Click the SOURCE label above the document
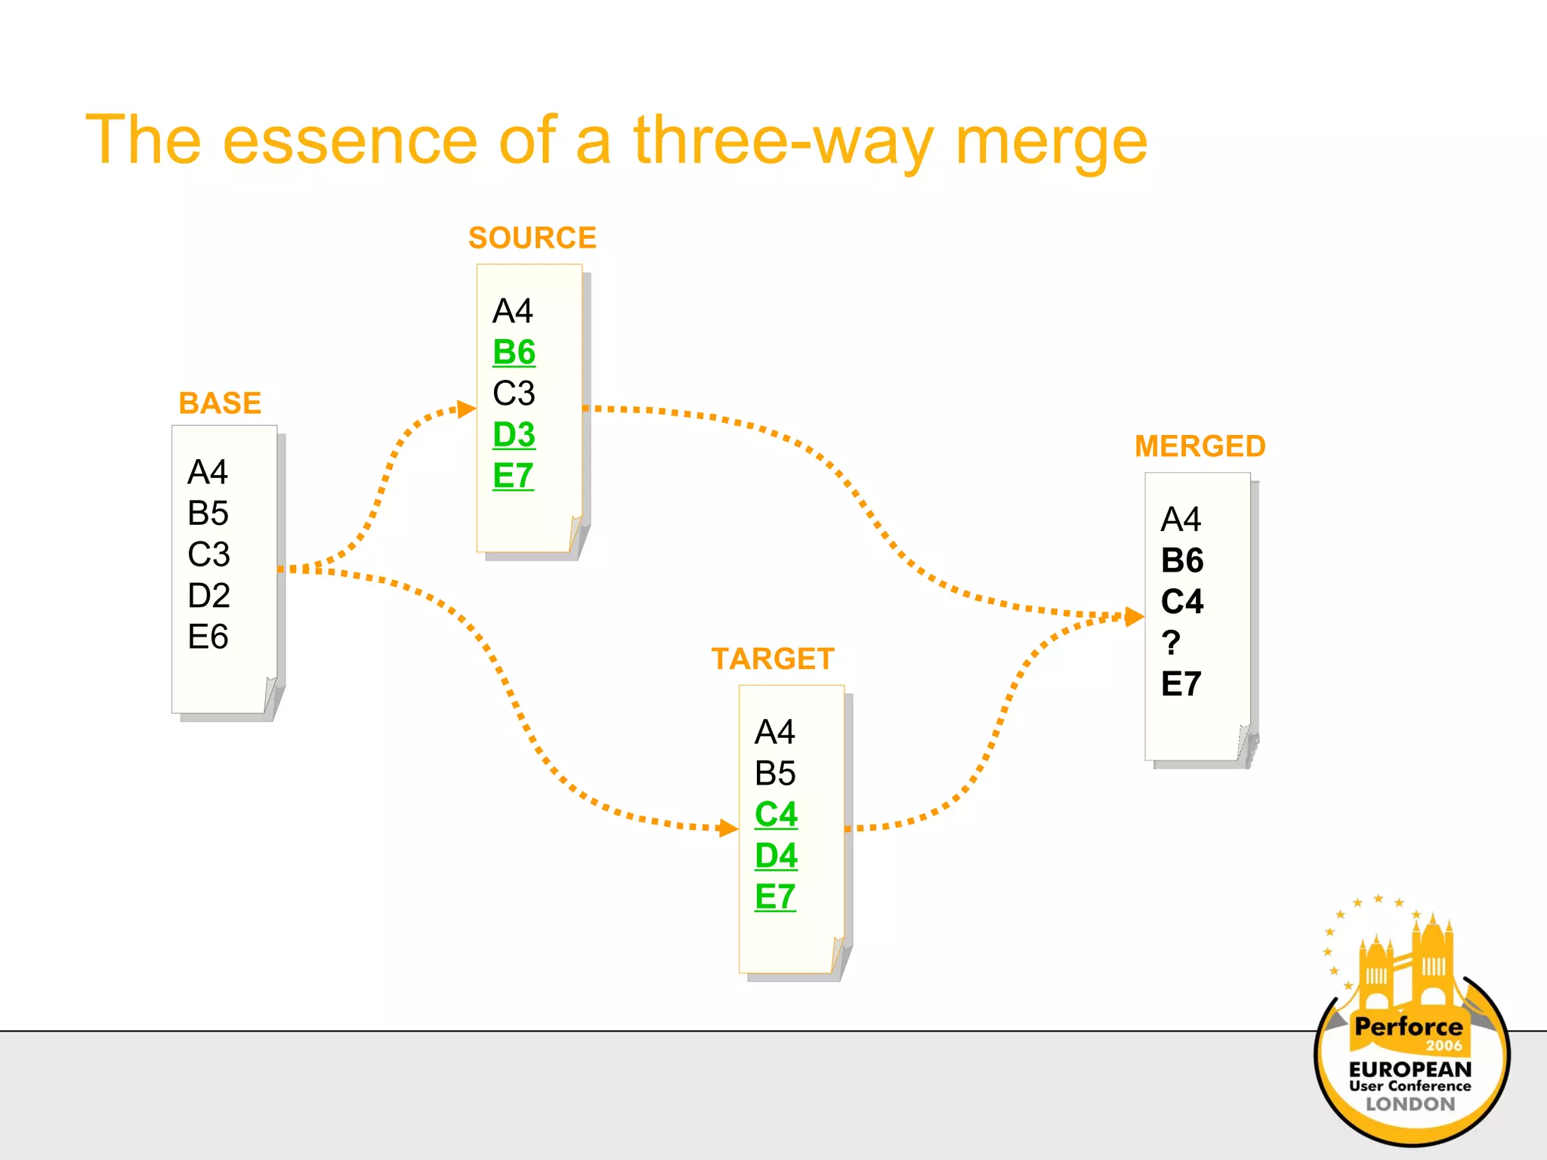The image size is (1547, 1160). coord(532,238)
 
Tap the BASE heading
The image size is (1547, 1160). coord(220,403)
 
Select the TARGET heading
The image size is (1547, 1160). coord(772,659)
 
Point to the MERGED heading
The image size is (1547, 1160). coord(1200,446)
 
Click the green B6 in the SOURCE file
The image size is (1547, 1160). coord(514,353)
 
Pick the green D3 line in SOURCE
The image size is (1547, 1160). coord(514,435)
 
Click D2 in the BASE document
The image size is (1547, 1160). coord(208,596)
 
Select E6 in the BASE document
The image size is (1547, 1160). coord(208,637)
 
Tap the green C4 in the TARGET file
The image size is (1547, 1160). coord(776,815)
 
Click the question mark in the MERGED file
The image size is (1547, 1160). coord(1171,643)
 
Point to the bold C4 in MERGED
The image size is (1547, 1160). coord(1182,602)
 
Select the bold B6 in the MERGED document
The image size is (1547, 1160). coord(1182,561)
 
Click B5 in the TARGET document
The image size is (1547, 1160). coord(775,773)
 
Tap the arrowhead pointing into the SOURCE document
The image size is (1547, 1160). coord(467,409)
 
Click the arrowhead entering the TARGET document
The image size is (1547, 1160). coord(728,828)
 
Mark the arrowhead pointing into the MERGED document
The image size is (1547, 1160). coord(1134,616)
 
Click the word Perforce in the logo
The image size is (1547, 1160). coord(1408,1027)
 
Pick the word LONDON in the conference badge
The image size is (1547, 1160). coord(1410,1104)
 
